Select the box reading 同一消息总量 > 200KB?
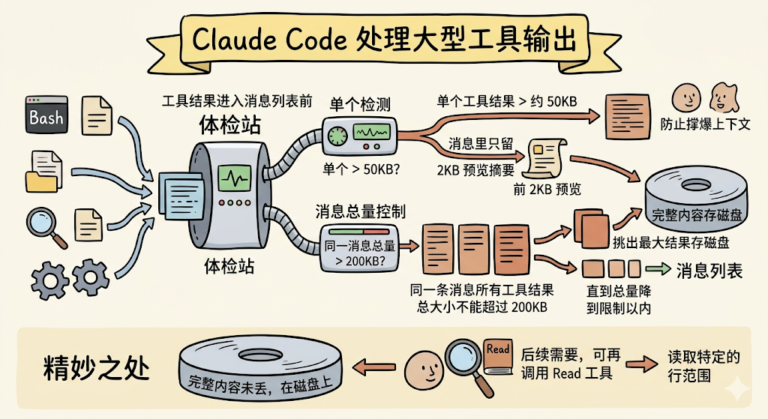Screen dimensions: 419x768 [x=358, y=245]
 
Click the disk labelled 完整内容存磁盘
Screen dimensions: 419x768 [x=697, y=201]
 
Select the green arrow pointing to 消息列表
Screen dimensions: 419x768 [x=658, y=270]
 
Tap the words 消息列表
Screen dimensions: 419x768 [x=709, y=271]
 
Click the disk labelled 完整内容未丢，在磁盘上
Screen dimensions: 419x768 [x=259, y=373]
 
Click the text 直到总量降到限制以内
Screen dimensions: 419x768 [x=618, y=298]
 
